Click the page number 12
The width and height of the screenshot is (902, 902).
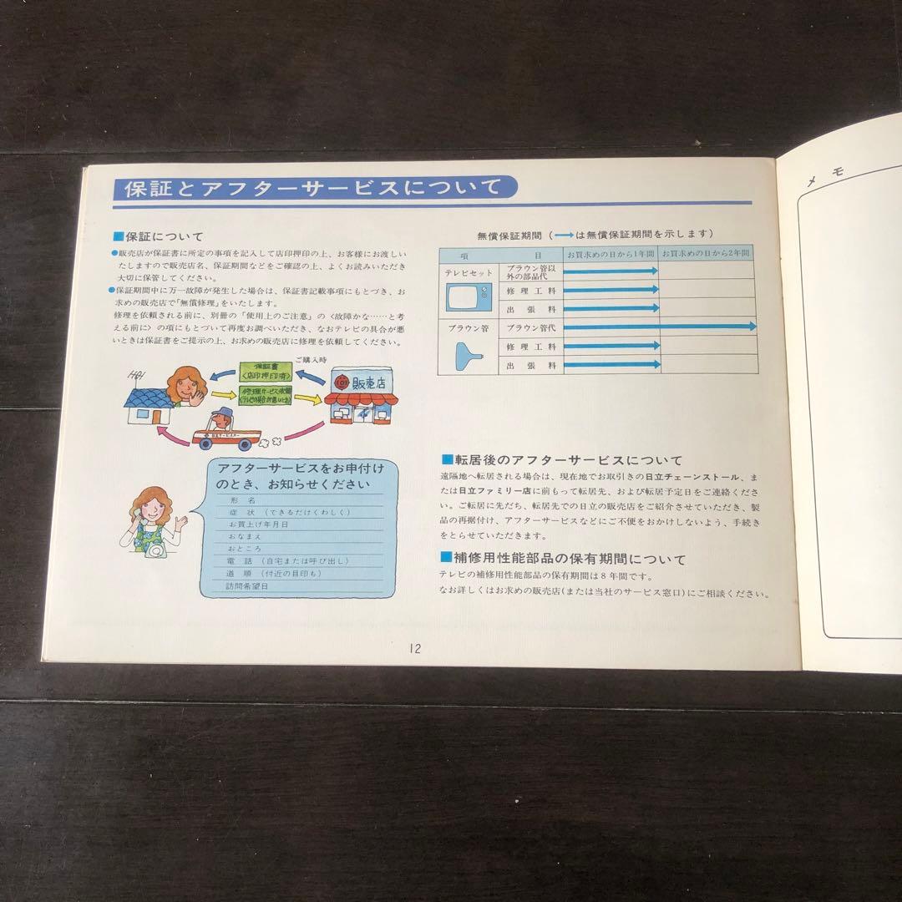pyautogui.click(x=415, y=648)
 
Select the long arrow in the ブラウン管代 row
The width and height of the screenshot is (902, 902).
pyautogui.click(x=660, y=327)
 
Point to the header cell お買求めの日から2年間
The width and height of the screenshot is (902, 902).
pyautogui.click(x=706, y=253)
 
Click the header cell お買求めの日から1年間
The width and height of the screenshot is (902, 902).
pyautogui.click(x=611, y=253)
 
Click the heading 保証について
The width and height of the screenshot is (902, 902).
pyautogui.click(x=164, y=236)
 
